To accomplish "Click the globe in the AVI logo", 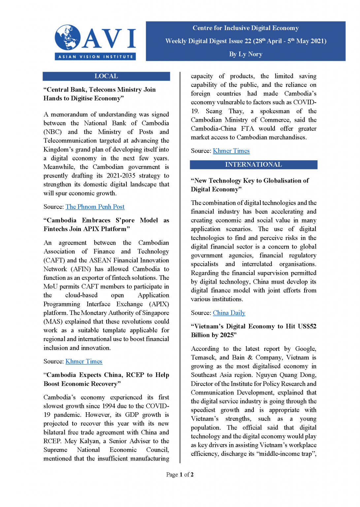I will (x=68, y=37).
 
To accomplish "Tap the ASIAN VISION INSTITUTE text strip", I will (x=95, y=57).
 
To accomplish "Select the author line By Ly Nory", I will (x=245, y=54).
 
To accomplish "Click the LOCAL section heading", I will (x=106, y=76).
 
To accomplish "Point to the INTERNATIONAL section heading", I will (x=253, y=165).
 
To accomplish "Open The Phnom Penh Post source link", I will (x=95, y=207).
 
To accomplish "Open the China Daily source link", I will (x=229, y=313).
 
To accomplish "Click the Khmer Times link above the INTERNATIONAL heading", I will (x=231, y=151).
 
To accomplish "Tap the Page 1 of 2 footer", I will (x=180, y=475).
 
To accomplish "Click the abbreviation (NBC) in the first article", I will (x=52, y=132).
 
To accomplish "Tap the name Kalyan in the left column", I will (x=90, y=441).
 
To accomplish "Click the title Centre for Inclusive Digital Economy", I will (x=245, y=28).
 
